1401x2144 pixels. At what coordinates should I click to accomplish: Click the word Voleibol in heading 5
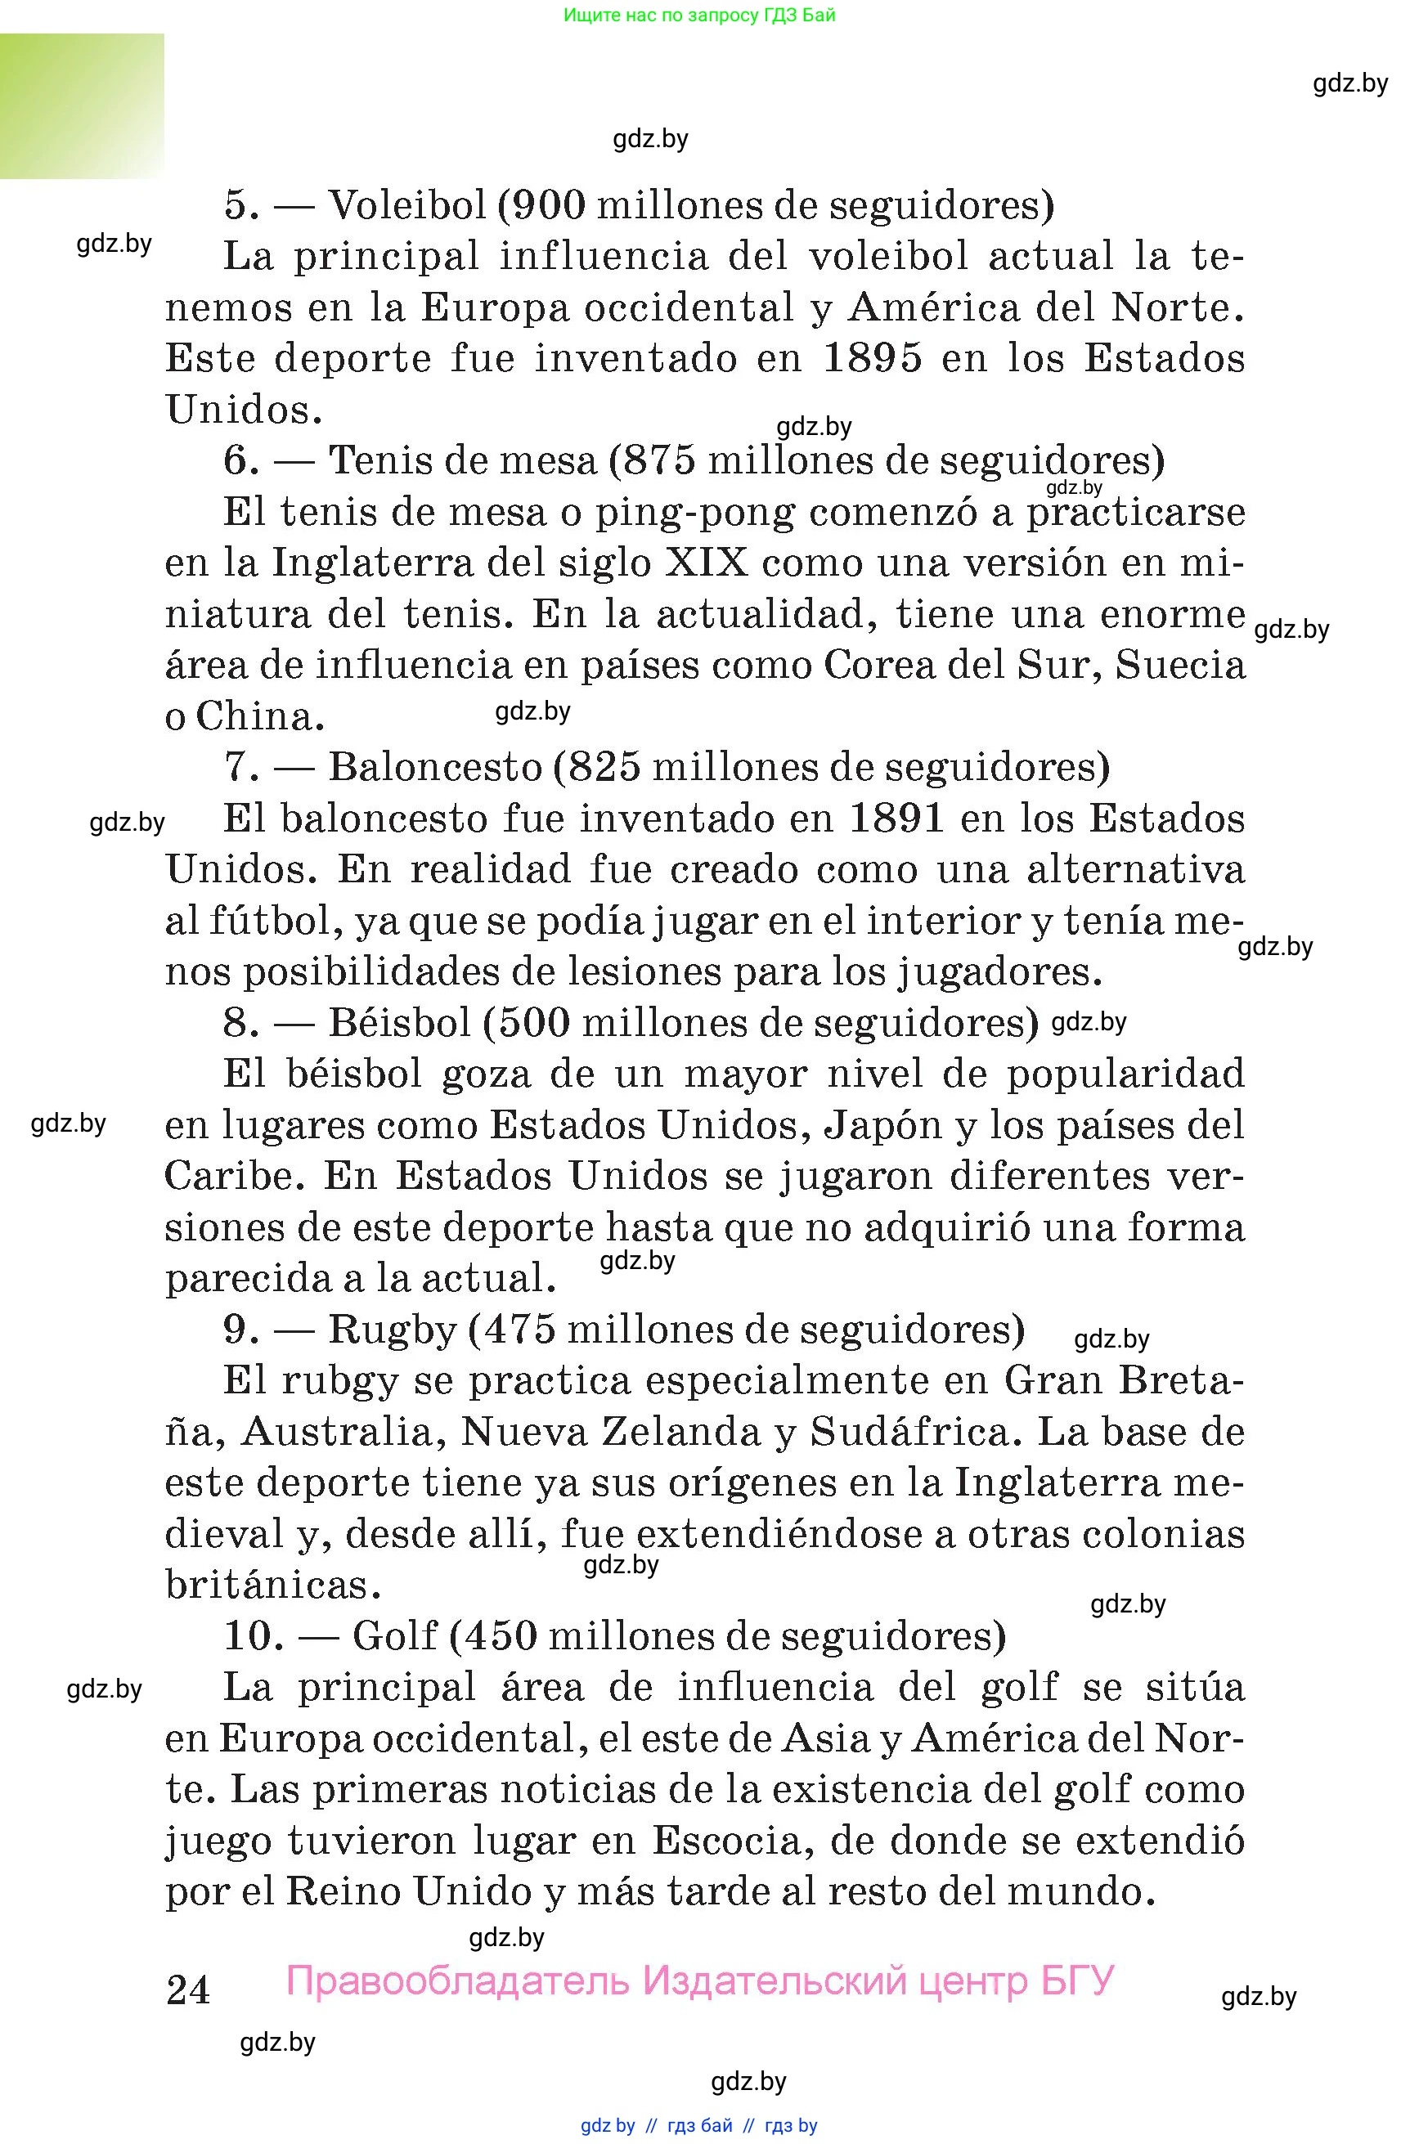tap(406, 206)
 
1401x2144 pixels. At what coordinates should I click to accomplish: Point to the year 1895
tap(873, 358)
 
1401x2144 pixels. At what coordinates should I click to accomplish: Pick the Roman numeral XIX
tap(707, 564)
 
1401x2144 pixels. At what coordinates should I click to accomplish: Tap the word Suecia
tap(1180, 666)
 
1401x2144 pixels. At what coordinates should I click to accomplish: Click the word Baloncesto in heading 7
tap(435, 768)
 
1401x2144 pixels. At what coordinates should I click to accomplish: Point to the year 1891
tap(896, 819)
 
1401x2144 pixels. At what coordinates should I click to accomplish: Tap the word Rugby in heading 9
tap(393, 1330)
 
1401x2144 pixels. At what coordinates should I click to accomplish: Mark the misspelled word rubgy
tap(339, 1381)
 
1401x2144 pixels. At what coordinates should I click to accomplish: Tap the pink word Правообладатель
tap(458, 1980)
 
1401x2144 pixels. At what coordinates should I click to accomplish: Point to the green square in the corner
tap(82, 106)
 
